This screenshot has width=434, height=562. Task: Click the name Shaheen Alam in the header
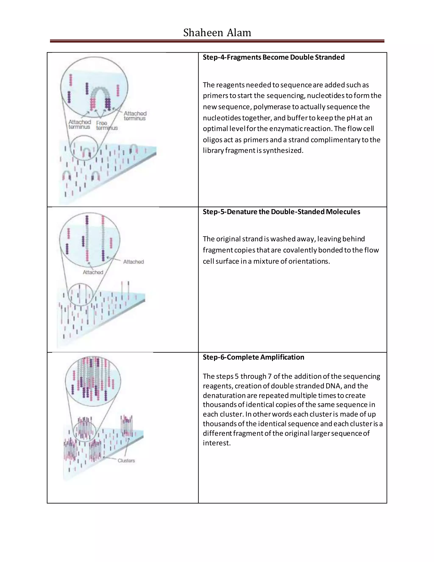(217, 33)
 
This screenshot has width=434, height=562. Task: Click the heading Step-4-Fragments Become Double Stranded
(274, 57)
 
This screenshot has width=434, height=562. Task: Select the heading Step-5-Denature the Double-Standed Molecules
(281, 212)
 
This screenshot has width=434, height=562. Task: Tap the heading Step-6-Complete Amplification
(253, 357)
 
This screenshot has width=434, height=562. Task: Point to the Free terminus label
(106, 126)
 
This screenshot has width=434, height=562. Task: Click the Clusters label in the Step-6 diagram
(126, 461)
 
